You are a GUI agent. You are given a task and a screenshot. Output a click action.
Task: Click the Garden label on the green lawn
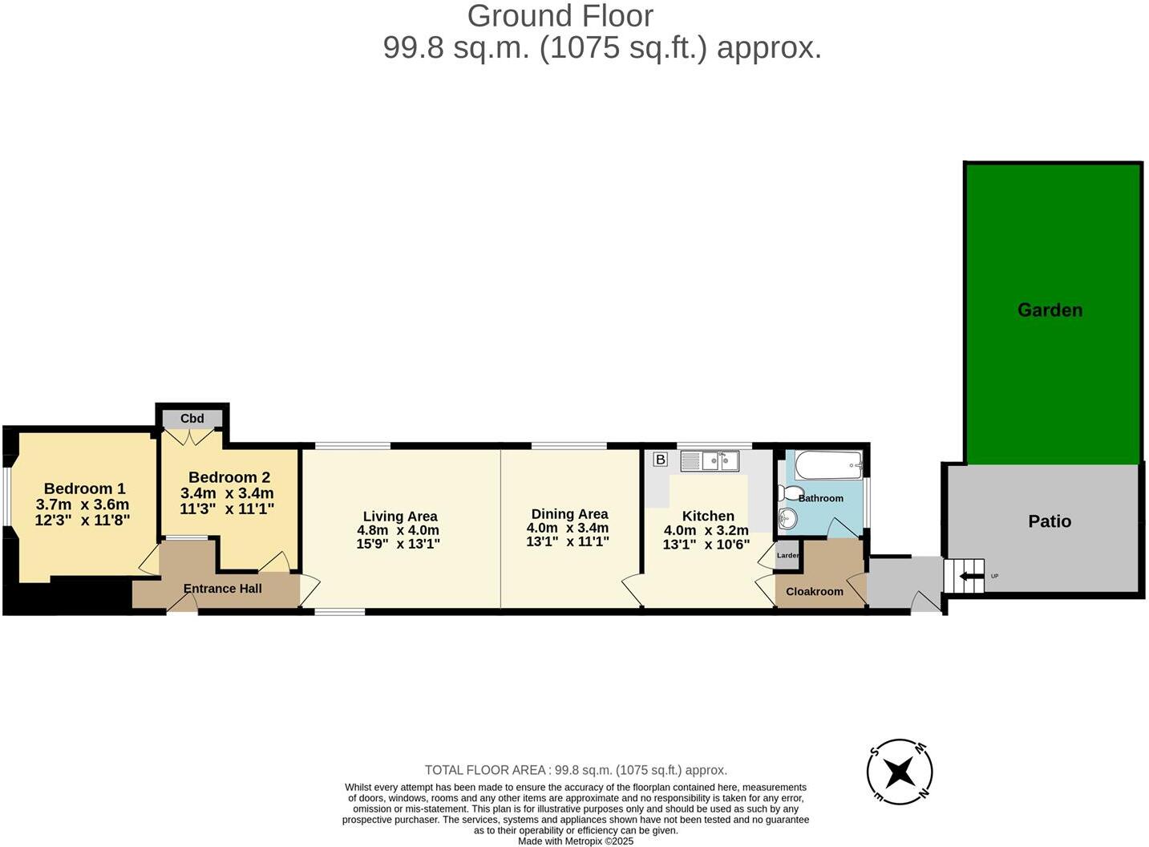tap(1049, 310)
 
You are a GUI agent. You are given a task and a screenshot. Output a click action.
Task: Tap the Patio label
tap(1049, 521)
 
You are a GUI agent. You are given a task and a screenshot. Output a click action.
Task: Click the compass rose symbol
tap(899, 772)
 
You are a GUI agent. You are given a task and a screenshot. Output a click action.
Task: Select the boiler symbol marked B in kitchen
tap(660, 460)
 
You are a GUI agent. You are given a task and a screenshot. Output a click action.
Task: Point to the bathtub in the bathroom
tap(827, 465)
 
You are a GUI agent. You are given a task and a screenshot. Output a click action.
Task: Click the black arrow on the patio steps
tap(972, 575)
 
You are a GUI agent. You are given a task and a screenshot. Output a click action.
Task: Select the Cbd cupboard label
tap(192, 419)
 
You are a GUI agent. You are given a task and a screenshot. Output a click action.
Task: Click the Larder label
tap(787, 555)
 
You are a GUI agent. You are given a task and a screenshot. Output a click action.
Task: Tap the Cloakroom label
tap(814, 591)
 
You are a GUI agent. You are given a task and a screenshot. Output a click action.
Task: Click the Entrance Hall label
tap(222, 589)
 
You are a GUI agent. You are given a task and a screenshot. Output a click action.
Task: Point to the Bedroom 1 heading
tap(84, 488)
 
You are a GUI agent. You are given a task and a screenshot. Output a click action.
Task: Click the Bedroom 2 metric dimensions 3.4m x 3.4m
tap(227, 493)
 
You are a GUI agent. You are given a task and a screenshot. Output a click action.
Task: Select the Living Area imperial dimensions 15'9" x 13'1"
tap(399, 544)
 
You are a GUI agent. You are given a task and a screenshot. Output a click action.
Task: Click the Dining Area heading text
tap(569, 514)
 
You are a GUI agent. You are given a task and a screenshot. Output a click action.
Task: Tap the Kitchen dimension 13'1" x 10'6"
tap(706, 544)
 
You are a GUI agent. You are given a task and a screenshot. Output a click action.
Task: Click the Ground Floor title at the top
tap(560, 16)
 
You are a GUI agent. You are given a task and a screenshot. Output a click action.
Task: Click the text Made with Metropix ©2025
tap(575, 841)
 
